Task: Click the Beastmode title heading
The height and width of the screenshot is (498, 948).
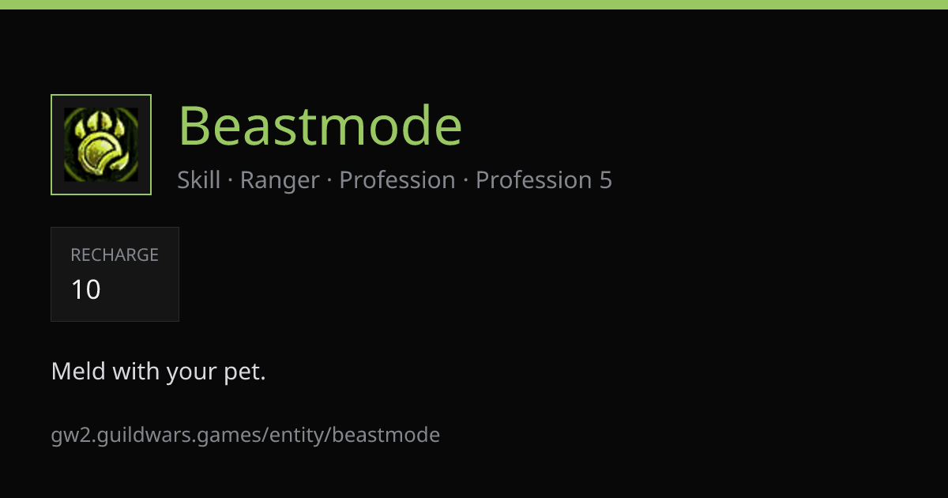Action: click(x=320, y=126)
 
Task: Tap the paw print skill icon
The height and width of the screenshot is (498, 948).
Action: click(x=101, y=145)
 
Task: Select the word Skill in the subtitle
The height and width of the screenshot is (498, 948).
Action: click(x=198, y=179)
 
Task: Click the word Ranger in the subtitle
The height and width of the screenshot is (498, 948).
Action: click(x=280, y=180)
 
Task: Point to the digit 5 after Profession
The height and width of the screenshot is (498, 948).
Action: click(x=606, y=180)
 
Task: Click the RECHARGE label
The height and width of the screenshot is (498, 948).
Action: click(x=115, y=255)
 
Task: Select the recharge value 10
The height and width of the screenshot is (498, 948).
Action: click(x=86, y=289)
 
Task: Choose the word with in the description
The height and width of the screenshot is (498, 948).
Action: click(x=136, y=371)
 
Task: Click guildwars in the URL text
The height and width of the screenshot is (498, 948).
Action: click(x=144, y=436)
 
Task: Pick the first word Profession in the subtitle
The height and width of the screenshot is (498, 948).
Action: click(x=397, y=179)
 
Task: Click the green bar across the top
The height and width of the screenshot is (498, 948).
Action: click(x=474, y=5)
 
